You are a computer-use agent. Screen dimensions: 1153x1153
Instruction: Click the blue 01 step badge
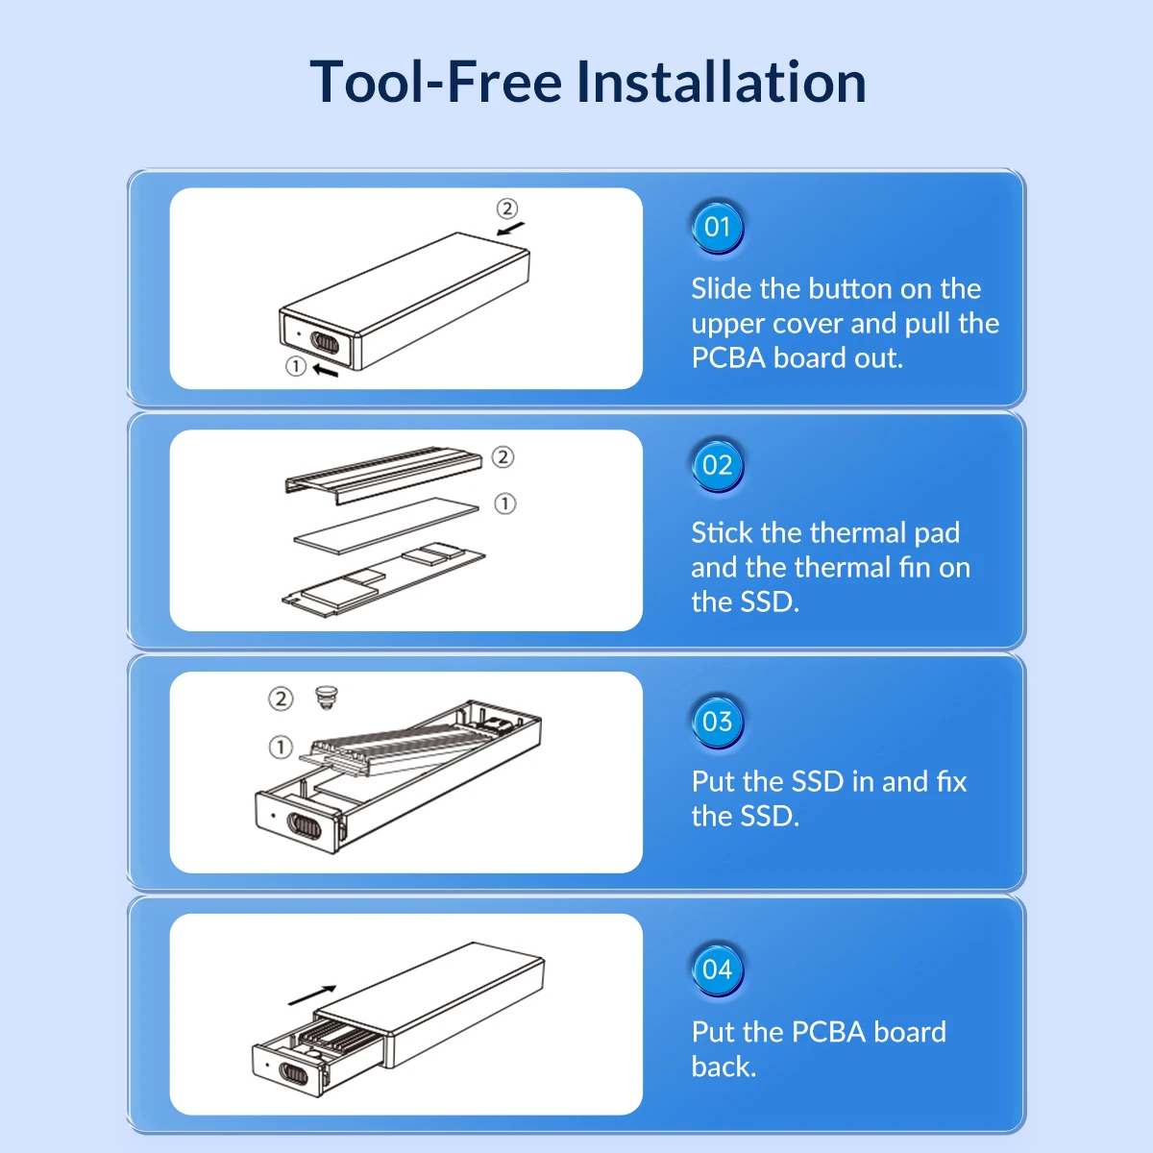coord(717,228)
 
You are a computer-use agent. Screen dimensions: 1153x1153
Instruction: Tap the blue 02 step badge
coord(717,465)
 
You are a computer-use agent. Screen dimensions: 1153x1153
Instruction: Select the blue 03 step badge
coord(717,722)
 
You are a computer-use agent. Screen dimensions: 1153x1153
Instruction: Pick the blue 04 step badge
coord(717,969)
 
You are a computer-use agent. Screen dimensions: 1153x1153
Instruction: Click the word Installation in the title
coord(721,82)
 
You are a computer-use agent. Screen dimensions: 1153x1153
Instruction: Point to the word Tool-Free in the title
coord(436,82)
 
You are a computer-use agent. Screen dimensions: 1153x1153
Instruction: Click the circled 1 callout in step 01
coord(296,366)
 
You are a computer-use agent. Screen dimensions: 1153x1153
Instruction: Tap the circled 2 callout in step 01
coord(506,209)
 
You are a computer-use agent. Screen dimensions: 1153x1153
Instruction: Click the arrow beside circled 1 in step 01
coord(326,371)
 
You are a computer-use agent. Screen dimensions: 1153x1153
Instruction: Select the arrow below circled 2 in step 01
coord(510,229)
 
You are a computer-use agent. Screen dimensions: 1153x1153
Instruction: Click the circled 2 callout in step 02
coord(503,457)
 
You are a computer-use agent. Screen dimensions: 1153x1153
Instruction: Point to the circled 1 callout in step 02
coord(505,503)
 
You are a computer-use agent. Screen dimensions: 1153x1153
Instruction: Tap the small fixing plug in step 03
coord(326,698)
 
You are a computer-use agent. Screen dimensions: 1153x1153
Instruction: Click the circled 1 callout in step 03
coord(281,747)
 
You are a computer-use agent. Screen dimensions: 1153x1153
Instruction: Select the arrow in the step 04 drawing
coord(311,995)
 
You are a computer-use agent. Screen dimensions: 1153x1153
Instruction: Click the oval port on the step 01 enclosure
coord(325,343)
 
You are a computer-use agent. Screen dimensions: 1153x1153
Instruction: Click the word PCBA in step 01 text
coord(728,357)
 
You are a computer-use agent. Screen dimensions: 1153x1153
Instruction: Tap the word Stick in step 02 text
coord(722,532)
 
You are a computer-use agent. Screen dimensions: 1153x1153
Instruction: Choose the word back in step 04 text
coord(724,1067)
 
